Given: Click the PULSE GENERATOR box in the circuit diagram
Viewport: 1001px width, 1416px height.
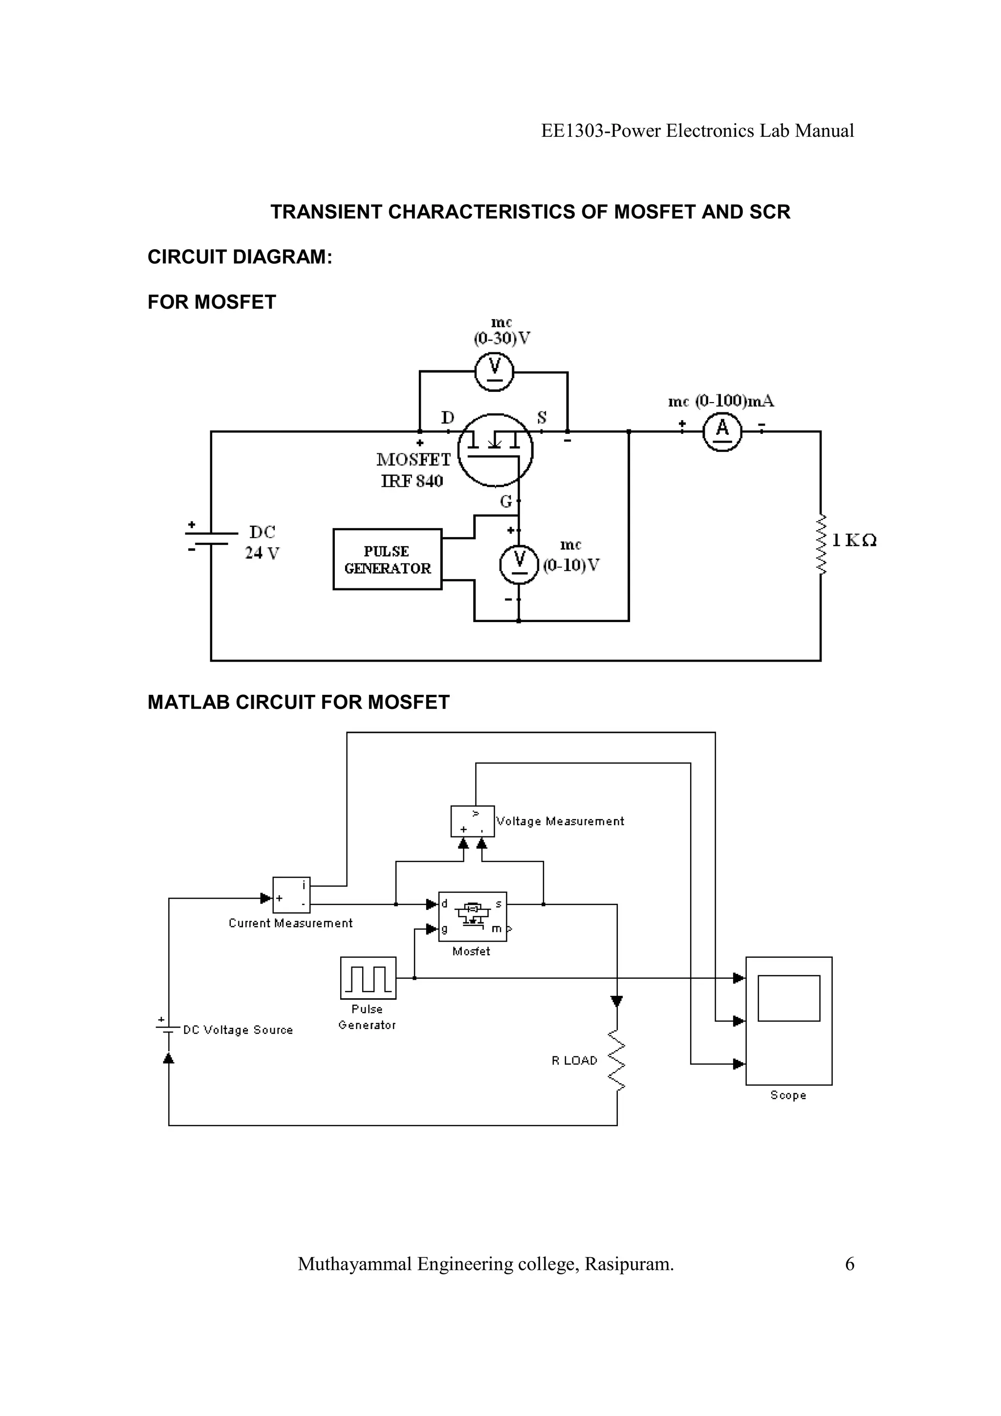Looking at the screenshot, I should [x=387, y=559].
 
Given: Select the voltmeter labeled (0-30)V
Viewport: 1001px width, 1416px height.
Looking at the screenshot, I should [x=494, y=372].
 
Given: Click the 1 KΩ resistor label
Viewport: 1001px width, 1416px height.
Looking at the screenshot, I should [x=854, y=541].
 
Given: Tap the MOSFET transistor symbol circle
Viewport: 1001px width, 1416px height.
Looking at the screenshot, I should [x=495, y=450].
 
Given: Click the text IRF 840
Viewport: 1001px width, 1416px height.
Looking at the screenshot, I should [x=412, y=481].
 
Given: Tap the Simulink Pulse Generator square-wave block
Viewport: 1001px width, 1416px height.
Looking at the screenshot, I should [x=368, y=978].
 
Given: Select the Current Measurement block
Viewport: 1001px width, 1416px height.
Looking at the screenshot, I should [x=291, y=895].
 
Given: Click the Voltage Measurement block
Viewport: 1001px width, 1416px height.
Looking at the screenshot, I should [x=473, y=821].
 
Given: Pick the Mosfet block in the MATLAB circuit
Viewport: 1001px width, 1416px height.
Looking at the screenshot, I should [x=473, y=917].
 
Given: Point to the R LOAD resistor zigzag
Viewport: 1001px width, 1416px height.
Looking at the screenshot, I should [x=617, y=1060].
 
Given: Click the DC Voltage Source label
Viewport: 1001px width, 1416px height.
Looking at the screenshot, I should [x=238, y=1030].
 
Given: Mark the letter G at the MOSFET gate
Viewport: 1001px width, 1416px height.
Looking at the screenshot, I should [x=506, y=501].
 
